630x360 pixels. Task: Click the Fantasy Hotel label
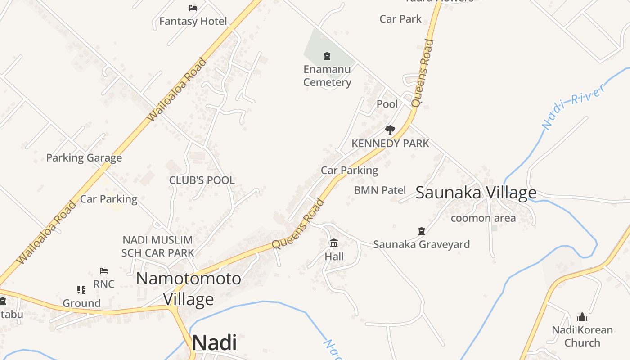click(193, 21)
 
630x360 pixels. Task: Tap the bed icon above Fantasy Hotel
click(193, 8)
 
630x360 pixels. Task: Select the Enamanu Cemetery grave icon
click(327, 56)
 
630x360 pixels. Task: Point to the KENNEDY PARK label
click(390, 144)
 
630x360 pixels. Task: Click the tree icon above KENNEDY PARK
click(390, 130)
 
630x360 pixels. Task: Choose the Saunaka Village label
click(476, 193)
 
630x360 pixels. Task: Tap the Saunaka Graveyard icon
click(422, 231)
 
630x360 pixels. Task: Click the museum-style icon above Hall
click(334, 243)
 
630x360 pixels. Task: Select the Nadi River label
click(573, 107)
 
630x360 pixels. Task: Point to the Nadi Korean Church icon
click(582, 317)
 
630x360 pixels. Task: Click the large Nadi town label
click(214, 343)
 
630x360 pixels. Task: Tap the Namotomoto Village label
click(189, 289)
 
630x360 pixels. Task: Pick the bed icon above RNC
click(104, 271)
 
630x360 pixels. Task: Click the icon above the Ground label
click(81, 289)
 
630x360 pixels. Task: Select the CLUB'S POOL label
click(202, 180)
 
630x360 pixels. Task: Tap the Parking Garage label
click(84, 158)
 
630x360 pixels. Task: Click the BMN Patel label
click(380, 190)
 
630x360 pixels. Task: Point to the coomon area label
click(483, 218)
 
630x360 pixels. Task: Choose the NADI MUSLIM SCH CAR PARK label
click(158, 246)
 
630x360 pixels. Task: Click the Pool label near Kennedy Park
click(387, 104)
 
